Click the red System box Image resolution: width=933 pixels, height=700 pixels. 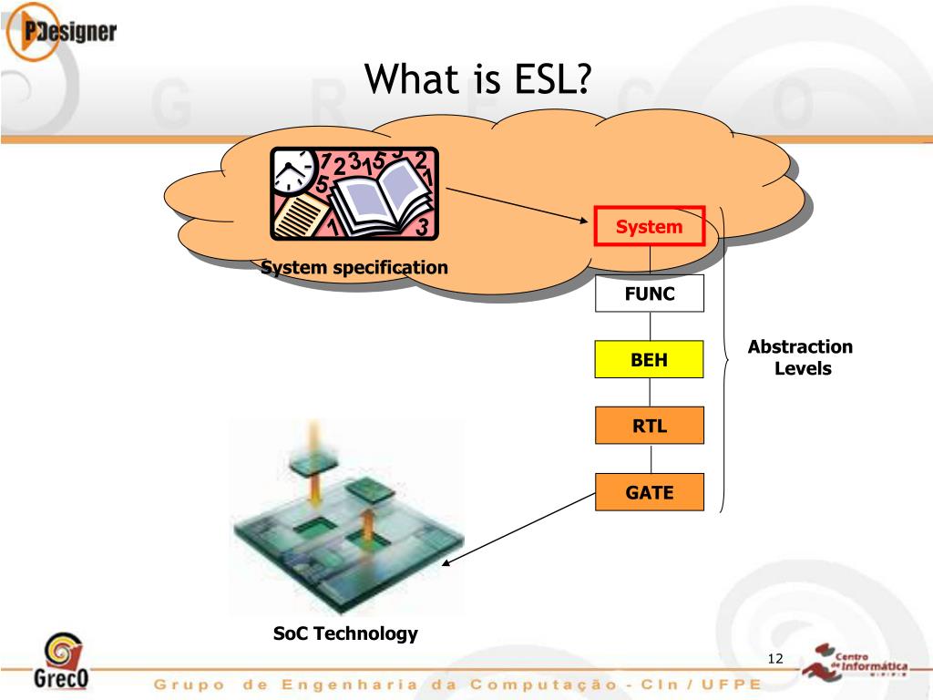coord(649,226)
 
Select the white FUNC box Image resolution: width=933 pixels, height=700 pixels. coord(649,293)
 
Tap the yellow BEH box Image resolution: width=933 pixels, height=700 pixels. coord(649,359)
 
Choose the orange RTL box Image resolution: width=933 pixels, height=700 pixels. coord(649,426)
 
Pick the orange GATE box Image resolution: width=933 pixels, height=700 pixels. coord(649,492)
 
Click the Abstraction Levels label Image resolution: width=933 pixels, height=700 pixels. coord(801,357)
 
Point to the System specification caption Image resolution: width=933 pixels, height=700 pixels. coord(354,268)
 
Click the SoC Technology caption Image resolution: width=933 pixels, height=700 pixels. coord(345,633)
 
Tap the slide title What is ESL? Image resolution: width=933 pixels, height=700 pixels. coord(477,78)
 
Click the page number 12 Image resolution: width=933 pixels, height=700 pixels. coord(775,658)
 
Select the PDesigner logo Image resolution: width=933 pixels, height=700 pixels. coord(61,32)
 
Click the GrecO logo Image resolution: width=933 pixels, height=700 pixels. coord(61,661)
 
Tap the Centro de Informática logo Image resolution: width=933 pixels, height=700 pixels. coord(855,662)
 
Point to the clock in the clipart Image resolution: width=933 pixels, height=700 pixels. coord(292,171)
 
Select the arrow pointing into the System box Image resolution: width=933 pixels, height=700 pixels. coord(518,205)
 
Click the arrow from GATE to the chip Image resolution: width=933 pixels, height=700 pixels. coord(518,530)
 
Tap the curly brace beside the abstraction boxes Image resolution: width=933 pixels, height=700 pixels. coord(723,359)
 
